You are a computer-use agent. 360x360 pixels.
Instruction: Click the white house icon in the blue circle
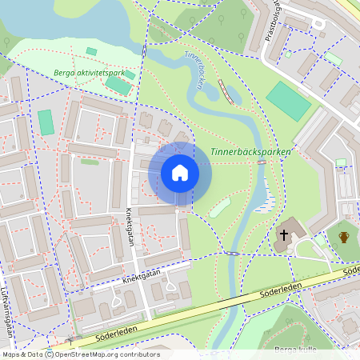tap(180, 172)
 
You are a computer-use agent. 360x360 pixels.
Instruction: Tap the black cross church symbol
tap(283, 235)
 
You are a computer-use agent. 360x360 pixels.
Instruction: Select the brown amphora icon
tap(344, 237)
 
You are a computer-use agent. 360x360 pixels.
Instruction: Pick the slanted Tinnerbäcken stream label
tap(194, 70)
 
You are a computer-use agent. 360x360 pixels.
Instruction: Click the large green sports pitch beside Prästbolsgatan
tap(288, 101)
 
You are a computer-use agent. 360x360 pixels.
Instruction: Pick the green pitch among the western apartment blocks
tap(46, 122)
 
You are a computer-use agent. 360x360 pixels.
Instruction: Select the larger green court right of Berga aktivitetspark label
tap(118, 85)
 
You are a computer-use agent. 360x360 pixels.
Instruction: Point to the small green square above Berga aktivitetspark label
tap(91, 52)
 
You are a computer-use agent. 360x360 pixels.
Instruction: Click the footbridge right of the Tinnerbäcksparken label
tap(261, 162)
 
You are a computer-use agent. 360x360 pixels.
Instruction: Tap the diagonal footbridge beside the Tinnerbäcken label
tap(226, 93)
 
